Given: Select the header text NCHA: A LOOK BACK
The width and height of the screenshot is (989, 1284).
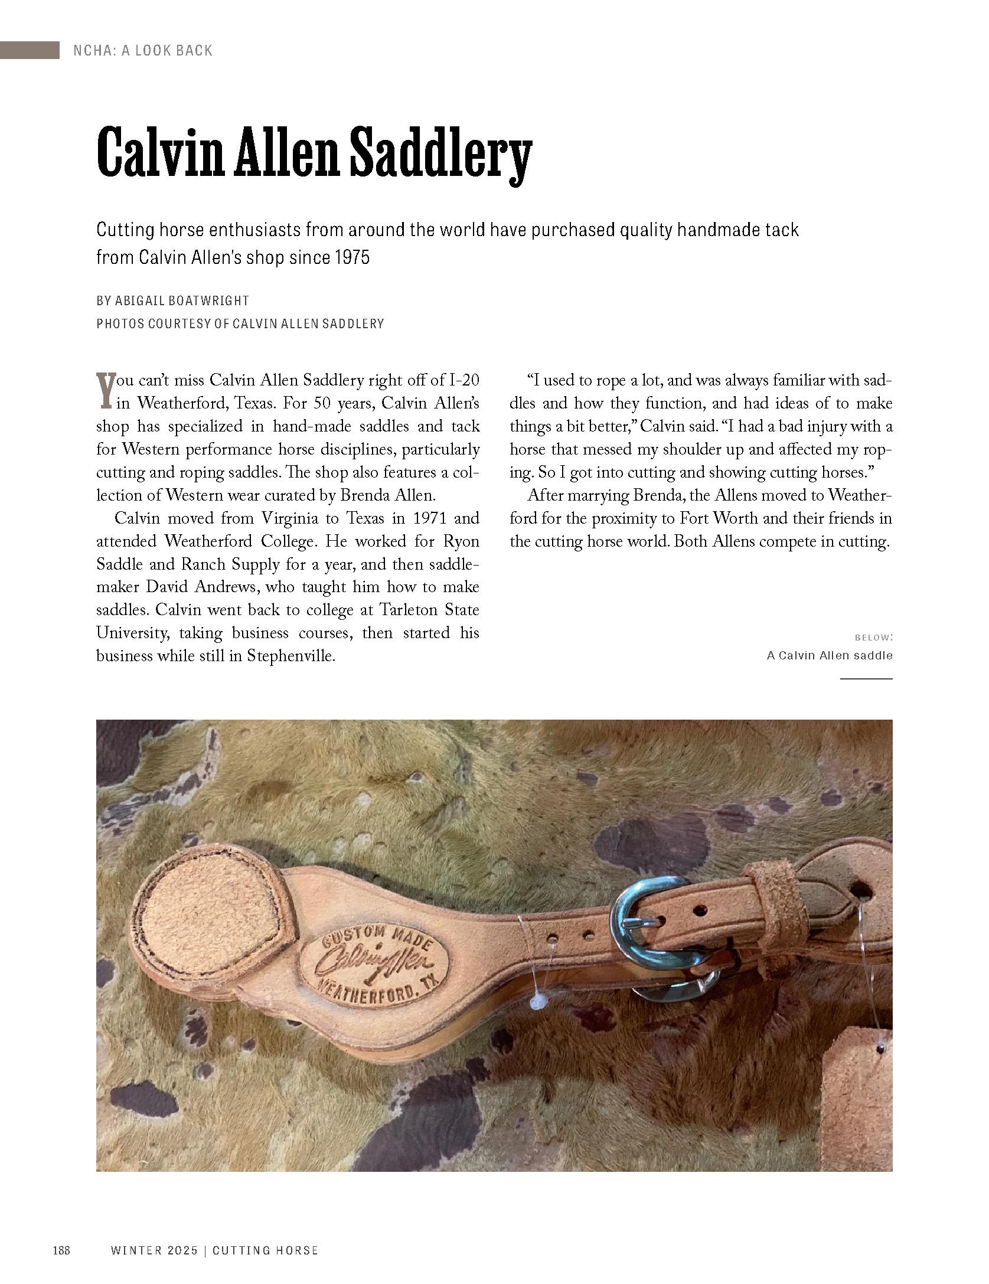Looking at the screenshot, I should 142,51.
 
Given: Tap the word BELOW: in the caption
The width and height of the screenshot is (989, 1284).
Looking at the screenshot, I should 873,638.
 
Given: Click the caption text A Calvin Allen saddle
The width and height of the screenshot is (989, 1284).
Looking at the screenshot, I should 829,655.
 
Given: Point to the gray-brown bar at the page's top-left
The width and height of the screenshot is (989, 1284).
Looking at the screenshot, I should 30,50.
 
